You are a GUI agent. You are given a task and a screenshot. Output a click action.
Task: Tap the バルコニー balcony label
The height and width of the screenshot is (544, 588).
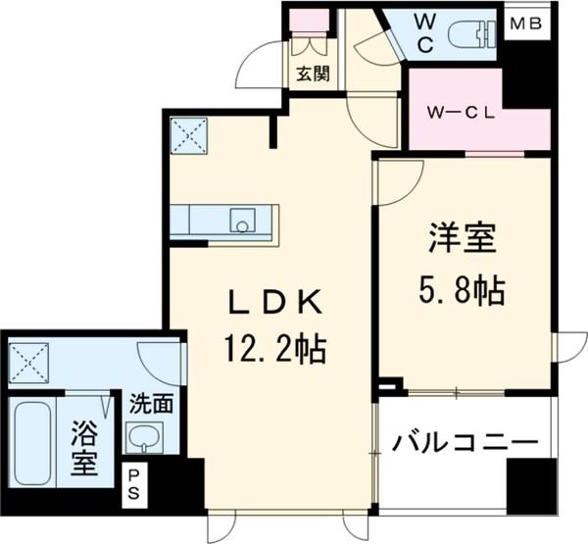[465, 442]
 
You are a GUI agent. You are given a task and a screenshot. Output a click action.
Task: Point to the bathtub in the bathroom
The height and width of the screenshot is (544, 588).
[33, 441]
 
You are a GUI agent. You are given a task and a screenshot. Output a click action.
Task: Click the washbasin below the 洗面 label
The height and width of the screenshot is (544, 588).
[143, 437]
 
